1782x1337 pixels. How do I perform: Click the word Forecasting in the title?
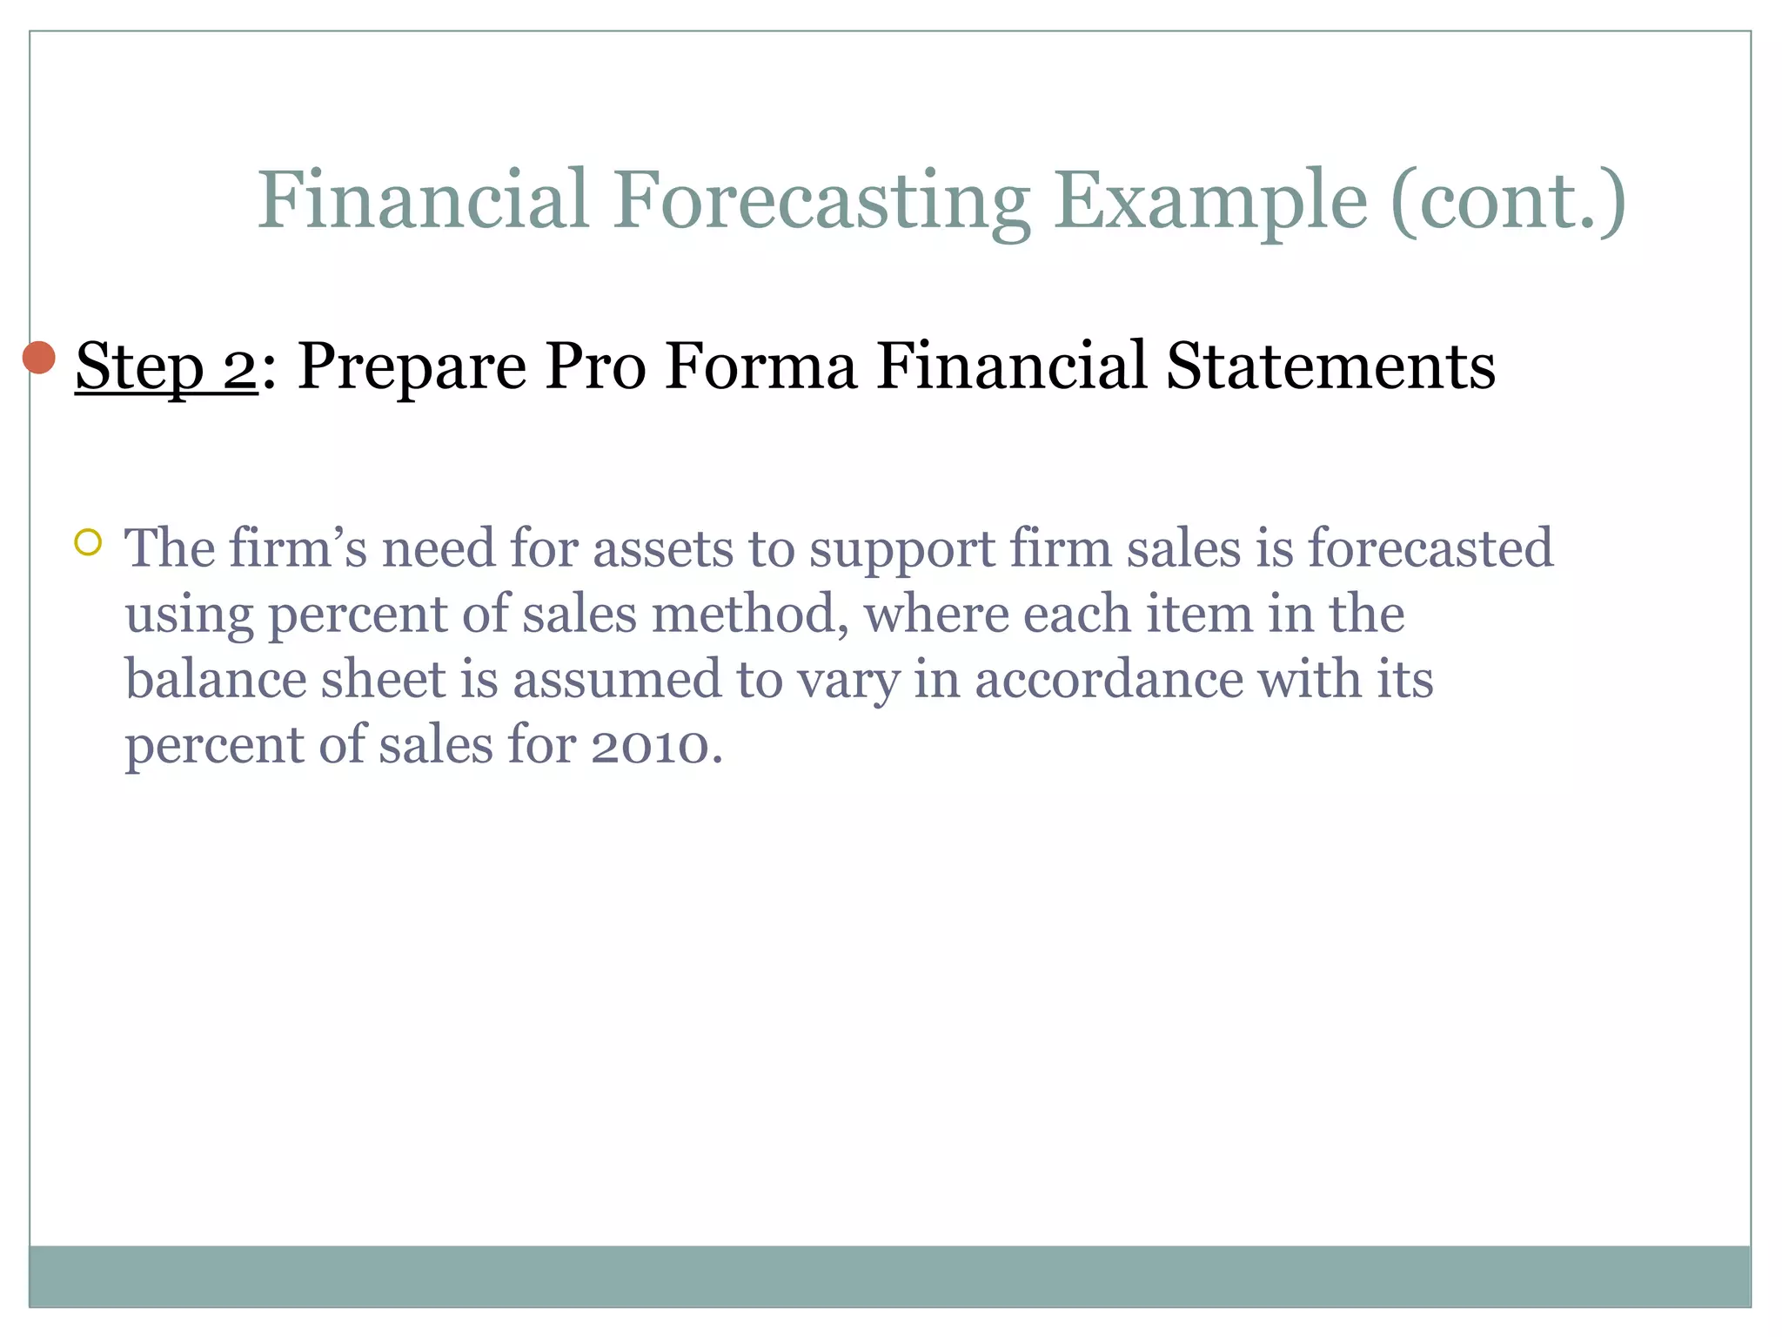pos(821,201)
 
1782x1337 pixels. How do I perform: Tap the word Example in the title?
pos(1209,201)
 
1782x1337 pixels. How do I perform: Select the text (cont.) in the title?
pos(1508,201)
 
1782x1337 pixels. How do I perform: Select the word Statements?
pos(1330,366)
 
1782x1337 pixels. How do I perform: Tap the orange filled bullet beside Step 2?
pos(39,357)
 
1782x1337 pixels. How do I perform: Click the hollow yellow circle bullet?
pos(88,543)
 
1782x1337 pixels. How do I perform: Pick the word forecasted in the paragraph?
pos(1430,548)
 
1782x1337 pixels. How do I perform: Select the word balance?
pos(216,679)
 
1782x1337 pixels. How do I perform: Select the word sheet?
pos(383,679)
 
